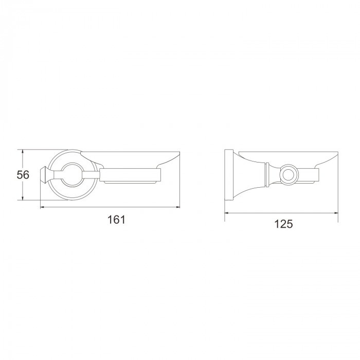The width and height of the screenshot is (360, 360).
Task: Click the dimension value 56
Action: [x=23, y=175]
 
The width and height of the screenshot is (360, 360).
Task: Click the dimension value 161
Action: [x=116, y=220]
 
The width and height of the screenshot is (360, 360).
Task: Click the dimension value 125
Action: [x=283, y=224]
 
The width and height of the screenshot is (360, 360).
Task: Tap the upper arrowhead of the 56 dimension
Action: [x=23, y=152]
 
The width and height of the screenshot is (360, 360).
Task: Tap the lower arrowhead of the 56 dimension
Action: [x=23, y=197]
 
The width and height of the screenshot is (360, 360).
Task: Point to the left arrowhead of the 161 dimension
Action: [x=43, y=207]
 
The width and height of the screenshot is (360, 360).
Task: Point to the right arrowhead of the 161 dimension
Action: [x=177, y=207]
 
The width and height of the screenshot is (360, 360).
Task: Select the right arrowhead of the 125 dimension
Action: [x=336, y=213]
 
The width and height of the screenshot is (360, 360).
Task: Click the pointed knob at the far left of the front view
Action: [x=44, y=175]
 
